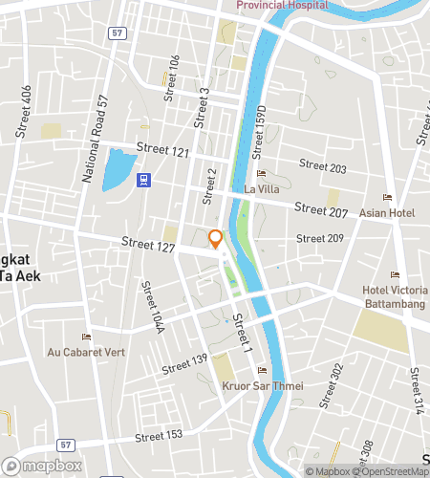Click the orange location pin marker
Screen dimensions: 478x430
point(216,239)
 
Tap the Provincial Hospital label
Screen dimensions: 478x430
point(282,5)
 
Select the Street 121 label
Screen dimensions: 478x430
point(162,149)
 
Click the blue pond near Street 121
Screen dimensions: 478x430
point(118,169)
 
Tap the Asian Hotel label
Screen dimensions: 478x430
point(387,212)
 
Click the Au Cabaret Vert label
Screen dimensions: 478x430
point(86,352)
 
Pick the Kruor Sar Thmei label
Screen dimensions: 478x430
point(262,386)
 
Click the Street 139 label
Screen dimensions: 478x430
point(184,363)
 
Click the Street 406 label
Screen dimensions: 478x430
point(26,107)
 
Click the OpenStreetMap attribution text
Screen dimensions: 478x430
point(390,470)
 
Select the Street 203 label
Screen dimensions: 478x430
point(323,167)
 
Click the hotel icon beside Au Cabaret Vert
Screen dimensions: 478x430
point(86,337)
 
